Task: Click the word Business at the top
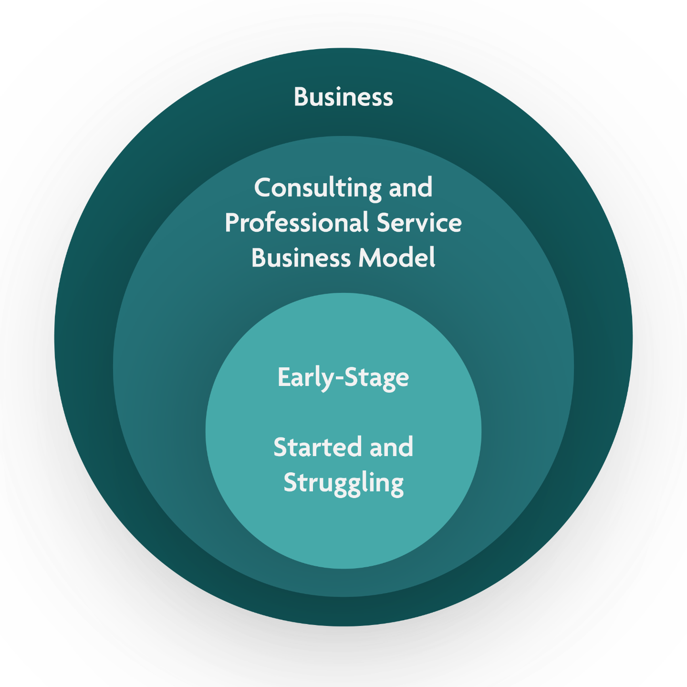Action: [343, 97]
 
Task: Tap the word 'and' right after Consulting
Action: [410, 187]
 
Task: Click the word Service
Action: [419, 223]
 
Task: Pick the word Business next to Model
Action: [301, 258]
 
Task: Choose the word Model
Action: [396, 258]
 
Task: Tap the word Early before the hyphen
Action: [306, 378]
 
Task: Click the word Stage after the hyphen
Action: [376, 378]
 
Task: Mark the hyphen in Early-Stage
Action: [339, 378]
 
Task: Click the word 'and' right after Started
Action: [391, 448]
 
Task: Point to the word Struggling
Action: [343, 483]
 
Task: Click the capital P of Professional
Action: [231, 223]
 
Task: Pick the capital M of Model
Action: [368, 258]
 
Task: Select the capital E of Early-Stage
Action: [283, 377]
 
